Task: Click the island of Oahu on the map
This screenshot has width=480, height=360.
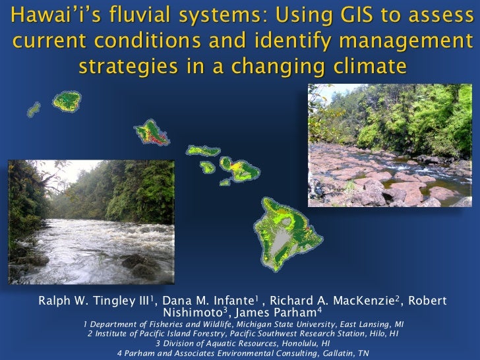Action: (151, 133)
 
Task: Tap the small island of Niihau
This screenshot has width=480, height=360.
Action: (33, 108)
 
